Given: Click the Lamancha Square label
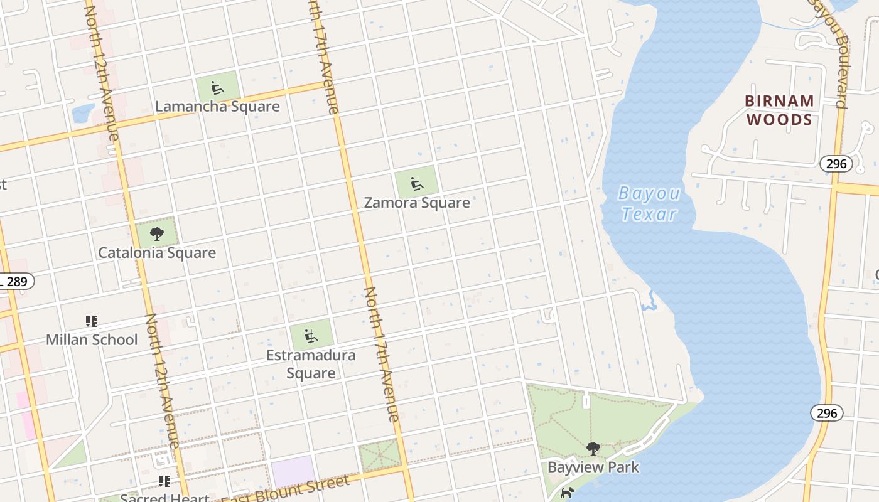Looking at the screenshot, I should pyautogui.click(x=217, y=106).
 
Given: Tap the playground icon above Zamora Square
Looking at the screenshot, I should pyautogui.click(x=416, y=184).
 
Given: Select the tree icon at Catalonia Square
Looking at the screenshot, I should pyautogui.click(x=157, y=234).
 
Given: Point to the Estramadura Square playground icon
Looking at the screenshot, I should pyautogui.click(x=310, y=336).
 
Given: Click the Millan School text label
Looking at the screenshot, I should pyautogui.click(x=92, y=339).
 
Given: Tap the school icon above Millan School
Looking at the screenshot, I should pyautogui.click(x=92, y=321).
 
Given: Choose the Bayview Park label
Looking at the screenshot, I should pyautogui.click(x=593, y=467).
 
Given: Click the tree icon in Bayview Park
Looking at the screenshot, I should pyautogui.click(x=593, y=449).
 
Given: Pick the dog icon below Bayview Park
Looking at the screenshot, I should pyautogui.click(x=567, y=493).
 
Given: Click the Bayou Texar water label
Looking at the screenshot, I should pyautogui.click(x=648, y=203).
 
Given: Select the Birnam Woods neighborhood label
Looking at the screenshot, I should pyautogui.click(x=779, y=110).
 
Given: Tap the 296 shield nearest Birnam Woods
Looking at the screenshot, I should pyautogui.click(x=836, y=164).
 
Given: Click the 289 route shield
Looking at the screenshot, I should pyautogui.click(x=16, y=281).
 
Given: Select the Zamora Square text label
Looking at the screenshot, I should pyautogui.click(x=417, y=203).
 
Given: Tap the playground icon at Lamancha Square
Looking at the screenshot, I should pyautogui.click(x=217, y=87).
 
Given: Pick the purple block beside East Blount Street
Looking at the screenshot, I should pyautogui.click(x=293, y=471).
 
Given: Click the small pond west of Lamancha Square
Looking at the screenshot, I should pyautogui.click(x=84, y=114).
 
